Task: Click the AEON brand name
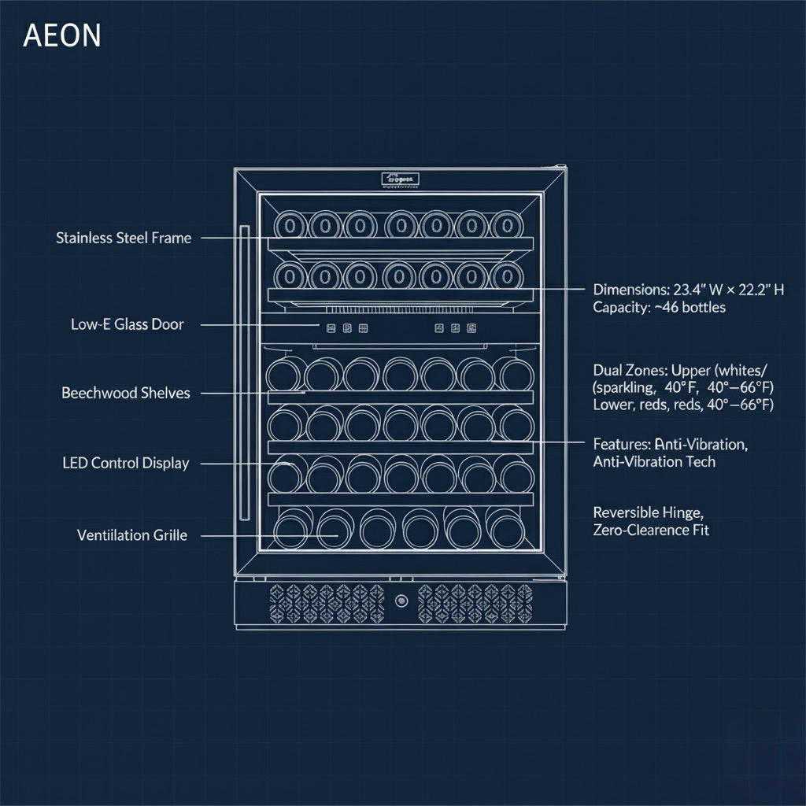coord(62,36)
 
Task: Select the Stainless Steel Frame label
coord(124,238)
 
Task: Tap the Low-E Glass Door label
coord(127,324)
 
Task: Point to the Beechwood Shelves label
coord(126,393)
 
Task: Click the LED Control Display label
coord(126,463)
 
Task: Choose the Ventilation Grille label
coord(132,535)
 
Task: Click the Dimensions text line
coord(688,290)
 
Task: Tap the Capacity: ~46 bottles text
coord(659,307)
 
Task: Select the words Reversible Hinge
coord(646,512)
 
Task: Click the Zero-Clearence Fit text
coord(651,530)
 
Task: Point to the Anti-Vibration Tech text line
coord(654,461)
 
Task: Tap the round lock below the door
coord(401,601)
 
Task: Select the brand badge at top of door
coord(401,180)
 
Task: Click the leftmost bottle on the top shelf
coord(289,226)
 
